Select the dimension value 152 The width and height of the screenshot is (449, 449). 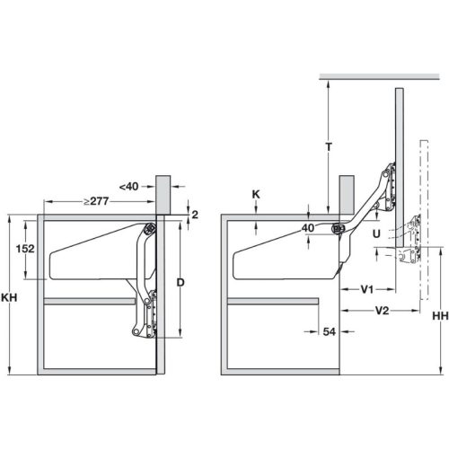pos(25,248)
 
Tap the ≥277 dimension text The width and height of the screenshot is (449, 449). pos(96,200)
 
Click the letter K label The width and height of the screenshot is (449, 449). pos(258,195)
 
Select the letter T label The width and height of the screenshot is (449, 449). pos(330,146)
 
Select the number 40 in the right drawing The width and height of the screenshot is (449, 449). pos(309,229)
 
